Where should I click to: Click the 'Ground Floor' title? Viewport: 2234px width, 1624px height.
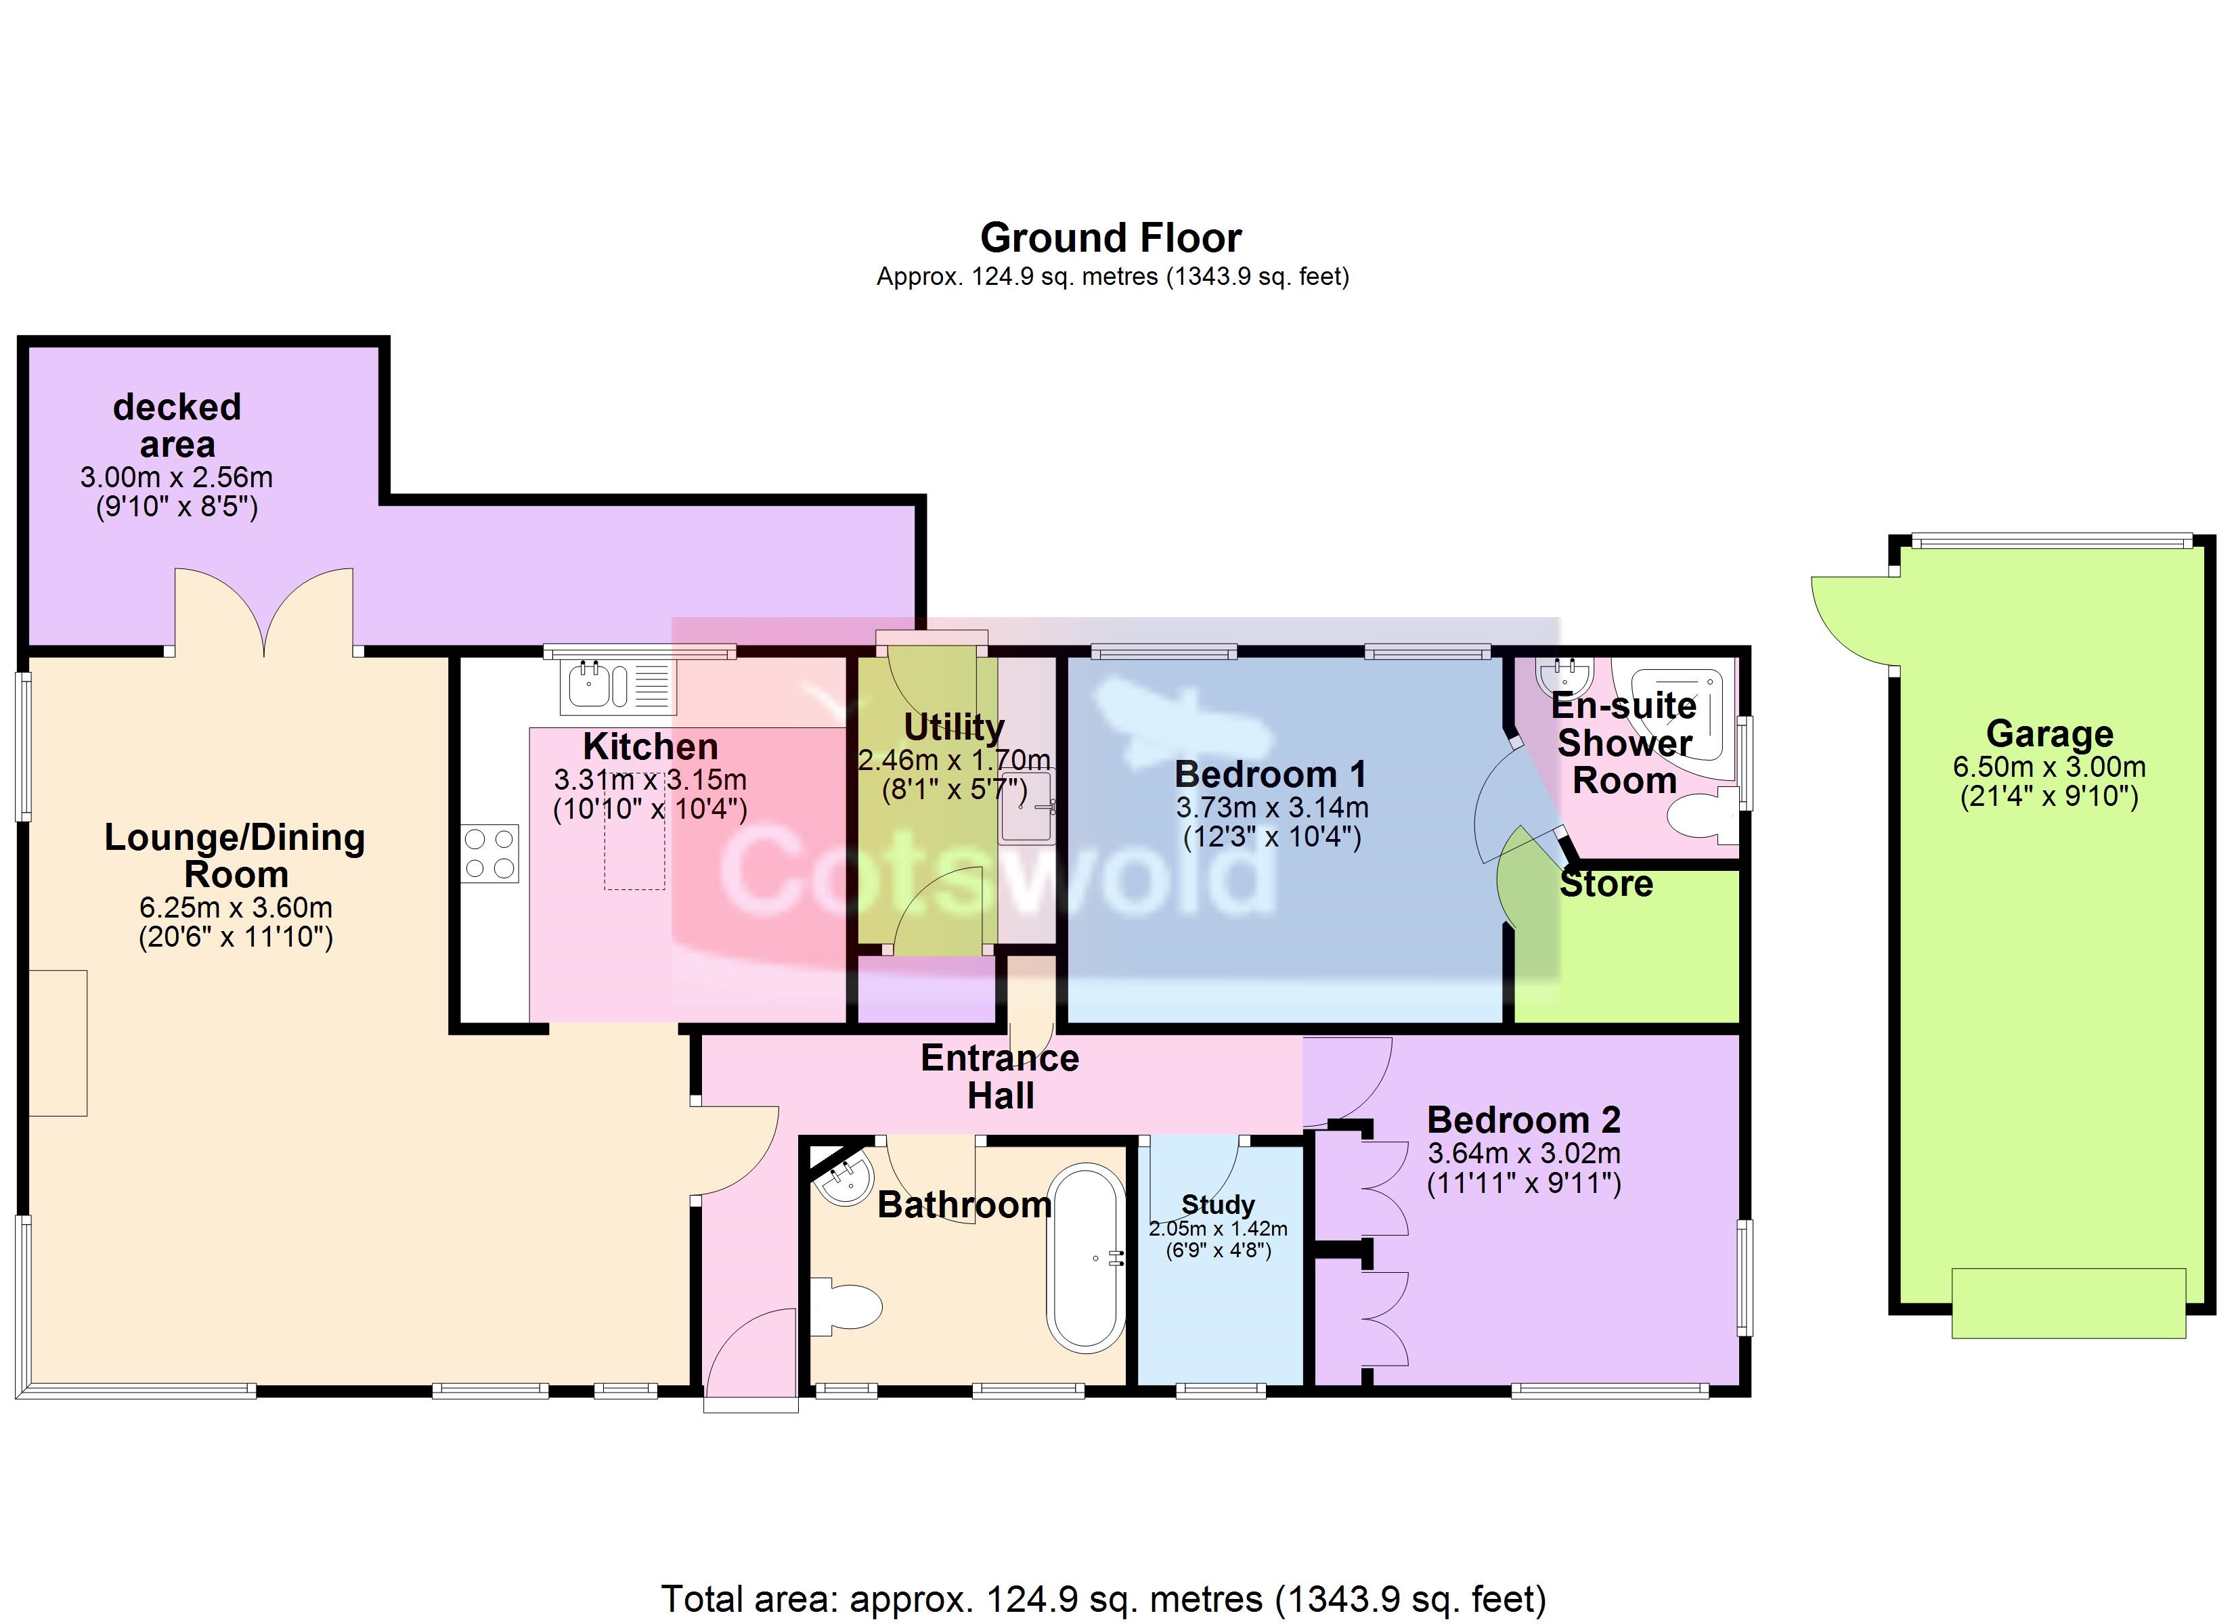(1110, 238)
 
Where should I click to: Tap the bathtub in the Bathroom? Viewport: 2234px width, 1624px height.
(1087, 1258)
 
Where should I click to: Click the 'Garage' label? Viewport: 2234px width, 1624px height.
(2050, 734)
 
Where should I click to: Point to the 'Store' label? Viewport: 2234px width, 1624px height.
(1606, 884)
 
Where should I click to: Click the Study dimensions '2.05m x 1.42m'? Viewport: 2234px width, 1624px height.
(1217, 1229)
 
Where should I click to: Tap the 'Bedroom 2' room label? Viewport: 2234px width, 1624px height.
(1524, 1120)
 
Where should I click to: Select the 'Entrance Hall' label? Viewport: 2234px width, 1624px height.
(1000, 1077)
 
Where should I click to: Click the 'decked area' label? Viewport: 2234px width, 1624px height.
(177, 426)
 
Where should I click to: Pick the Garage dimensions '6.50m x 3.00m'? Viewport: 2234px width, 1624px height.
(2050, 767)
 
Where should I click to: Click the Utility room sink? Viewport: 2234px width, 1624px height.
(1026, 807)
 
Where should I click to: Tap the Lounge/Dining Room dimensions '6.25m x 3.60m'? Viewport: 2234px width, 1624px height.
(236, 907)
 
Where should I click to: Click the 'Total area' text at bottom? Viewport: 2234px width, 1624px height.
(1103, 1598)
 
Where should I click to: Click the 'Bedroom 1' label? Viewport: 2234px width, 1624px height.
(1271, 774)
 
